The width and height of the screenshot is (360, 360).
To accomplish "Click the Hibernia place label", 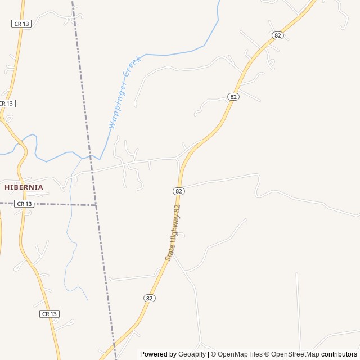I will [24, 187].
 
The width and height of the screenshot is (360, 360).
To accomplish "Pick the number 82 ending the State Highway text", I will [178, 209].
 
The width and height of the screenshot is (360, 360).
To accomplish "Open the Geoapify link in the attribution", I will [192, 354].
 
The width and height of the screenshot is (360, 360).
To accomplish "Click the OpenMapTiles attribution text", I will [240, 354].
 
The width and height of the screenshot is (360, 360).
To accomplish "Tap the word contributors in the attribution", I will [339, 354].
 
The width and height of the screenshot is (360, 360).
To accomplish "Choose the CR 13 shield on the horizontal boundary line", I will [24, 204].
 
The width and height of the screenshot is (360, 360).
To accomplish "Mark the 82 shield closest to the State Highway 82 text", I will [179, 191].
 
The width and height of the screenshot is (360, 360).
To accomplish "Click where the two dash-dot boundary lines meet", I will [96, 205].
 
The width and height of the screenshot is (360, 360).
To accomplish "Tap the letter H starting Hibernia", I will [7, 187].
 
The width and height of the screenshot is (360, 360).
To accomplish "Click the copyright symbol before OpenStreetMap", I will [268, 354].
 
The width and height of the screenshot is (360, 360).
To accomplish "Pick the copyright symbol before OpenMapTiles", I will [213, 354].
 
